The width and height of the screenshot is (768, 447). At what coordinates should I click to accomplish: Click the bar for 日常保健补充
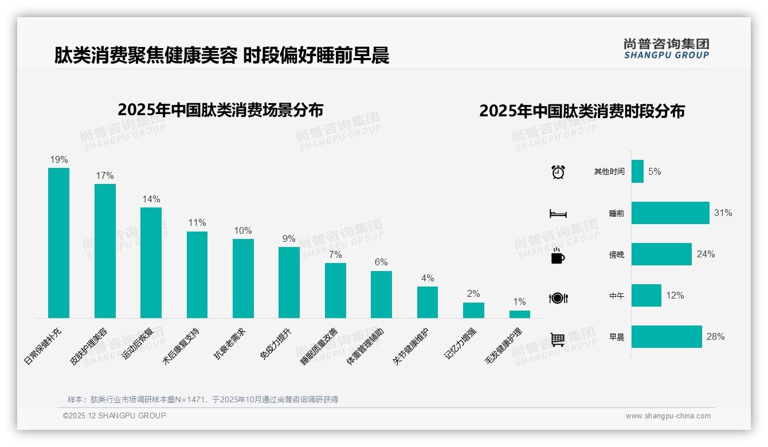tap(58, 243)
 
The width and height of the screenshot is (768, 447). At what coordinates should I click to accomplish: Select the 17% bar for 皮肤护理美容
tap(105, 251)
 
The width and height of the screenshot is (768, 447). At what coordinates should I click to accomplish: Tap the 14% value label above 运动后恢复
tap(151, 199)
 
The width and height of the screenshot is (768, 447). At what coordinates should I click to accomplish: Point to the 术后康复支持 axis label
tap(181, 345)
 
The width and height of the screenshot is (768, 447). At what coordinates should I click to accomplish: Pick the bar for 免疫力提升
tap(289, 283)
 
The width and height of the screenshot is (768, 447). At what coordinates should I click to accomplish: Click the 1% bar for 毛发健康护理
tap(519, 314)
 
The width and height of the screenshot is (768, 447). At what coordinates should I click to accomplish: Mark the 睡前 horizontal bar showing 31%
tap(670, 213)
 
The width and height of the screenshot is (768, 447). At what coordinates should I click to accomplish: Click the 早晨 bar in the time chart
tap(667, 336)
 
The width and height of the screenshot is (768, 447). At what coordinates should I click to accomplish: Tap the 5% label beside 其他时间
tap(655, 171)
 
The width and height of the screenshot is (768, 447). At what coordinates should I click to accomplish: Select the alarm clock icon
tap(558, 171)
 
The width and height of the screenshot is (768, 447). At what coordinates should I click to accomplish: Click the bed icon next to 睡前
tap(558, 214)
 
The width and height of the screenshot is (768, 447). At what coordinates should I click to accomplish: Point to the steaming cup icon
tap(558, 255)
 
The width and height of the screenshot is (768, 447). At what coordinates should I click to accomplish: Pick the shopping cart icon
tap(558, 339)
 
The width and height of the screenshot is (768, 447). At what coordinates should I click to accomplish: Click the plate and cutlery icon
tap(558, 298)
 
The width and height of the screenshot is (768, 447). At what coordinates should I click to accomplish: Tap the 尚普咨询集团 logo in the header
tap(667, 48)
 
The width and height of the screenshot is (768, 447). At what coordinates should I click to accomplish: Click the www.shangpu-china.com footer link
tap(668, 416)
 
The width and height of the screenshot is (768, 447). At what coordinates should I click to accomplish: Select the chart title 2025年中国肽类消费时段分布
tap(582, 111)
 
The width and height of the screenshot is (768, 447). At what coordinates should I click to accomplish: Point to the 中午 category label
tap(617, 296)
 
